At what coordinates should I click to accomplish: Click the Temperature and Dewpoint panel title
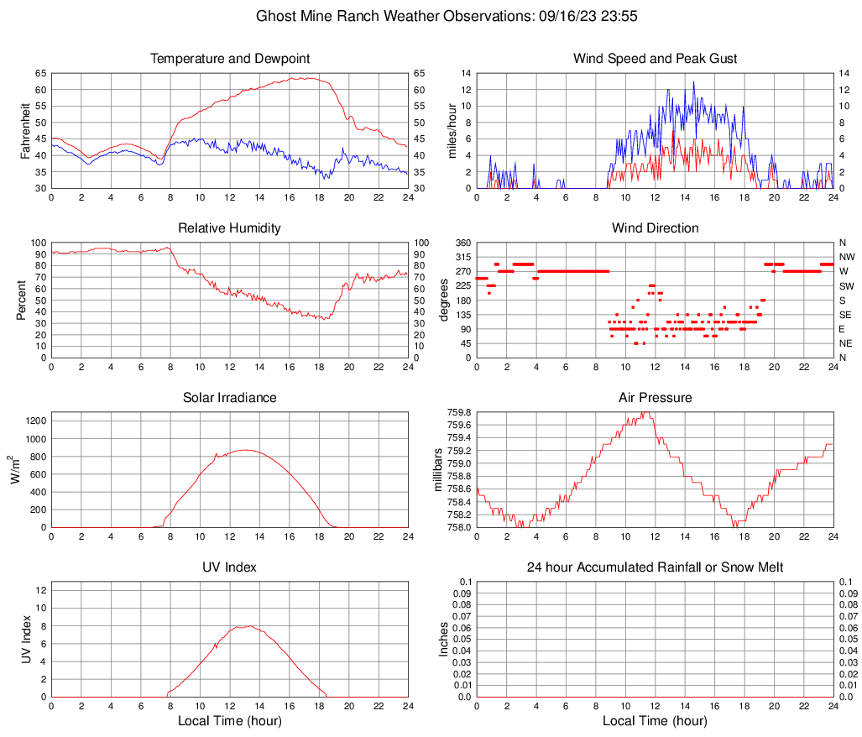pos(230,59)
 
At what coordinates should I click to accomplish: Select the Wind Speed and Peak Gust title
pos(656,59)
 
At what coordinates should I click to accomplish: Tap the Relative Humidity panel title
pos(230,228)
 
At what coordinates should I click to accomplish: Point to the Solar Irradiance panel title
pos(230,398)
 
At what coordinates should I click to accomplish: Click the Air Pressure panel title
pos(656,398)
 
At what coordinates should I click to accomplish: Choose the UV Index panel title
pos(230,567)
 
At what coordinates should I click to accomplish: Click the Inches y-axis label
pos(445,639)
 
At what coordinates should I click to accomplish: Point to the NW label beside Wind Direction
pos(847,257)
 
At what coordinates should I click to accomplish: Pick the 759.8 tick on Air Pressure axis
pos(459,413)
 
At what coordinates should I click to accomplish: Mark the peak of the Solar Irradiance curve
pos(244,450)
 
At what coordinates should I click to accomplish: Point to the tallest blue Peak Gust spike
pos(693,82)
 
